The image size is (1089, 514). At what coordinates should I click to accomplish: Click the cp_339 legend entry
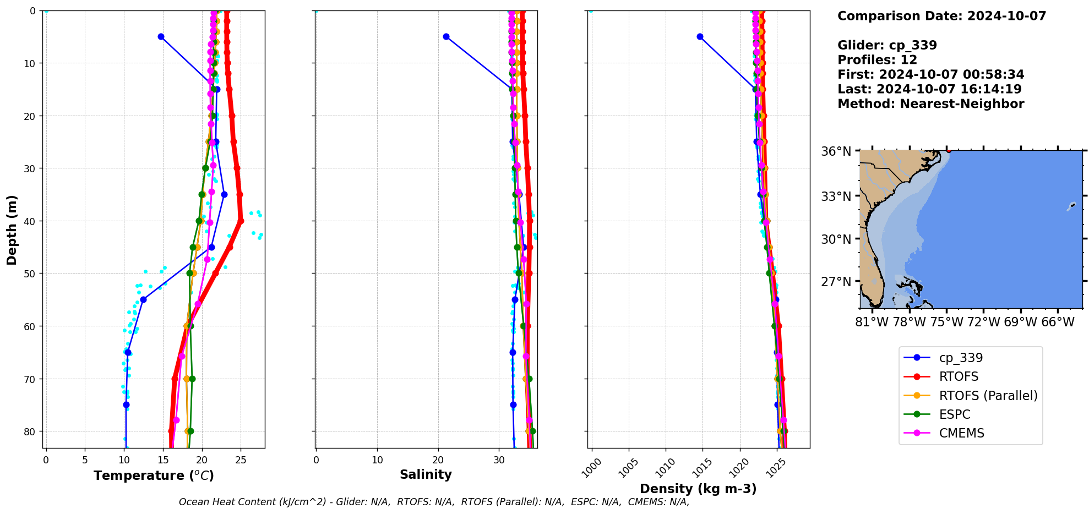[961, 358]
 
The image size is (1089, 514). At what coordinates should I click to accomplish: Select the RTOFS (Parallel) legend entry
[988, 396]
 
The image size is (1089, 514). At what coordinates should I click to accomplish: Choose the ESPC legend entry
[955, 414]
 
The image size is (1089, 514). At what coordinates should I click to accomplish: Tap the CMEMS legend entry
[961, 433]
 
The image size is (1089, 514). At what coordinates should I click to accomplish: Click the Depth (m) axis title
[12, 229]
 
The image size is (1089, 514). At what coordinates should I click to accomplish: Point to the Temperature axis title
[154, 475]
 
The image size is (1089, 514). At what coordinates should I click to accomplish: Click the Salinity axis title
[426, 474]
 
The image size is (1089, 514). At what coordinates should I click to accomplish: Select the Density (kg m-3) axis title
[698, 489]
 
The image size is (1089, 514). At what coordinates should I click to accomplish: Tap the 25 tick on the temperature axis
[241, 460]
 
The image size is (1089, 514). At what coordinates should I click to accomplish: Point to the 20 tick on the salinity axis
[438, 460]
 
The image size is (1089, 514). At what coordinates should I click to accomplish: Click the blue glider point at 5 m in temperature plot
[161, 37]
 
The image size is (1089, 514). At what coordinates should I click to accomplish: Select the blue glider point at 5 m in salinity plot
[446, 37]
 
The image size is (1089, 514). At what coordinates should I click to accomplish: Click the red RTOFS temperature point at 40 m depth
[241, 221]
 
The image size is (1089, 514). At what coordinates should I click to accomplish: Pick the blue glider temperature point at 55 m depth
[143, 299]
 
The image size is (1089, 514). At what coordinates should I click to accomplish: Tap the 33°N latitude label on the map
[836, 196]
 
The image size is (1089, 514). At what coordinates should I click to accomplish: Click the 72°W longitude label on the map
[983, 322]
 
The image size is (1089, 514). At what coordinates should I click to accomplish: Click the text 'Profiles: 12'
[877, 60]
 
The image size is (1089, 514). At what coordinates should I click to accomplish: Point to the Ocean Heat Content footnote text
[434, 502]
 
